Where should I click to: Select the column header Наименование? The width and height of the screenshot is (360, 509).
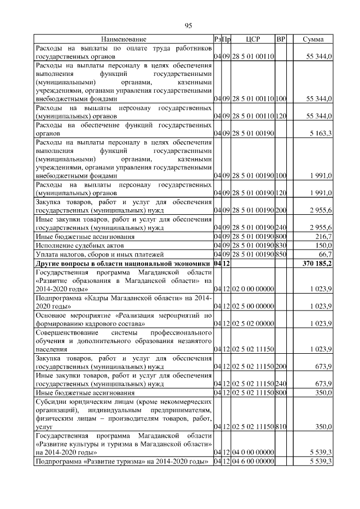click(x=124, y=39)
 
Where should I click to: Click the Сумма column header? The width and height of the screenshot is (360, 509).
click(x=313, y=39)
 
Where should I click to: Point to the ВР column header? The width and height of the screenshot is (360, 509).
click(x=281, y=39)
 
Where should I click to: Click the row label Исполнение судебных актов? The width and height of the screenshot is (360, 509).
click(x=76, y=246)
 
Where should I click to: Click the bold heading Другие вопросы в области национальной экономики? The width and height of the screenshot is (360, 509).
click(x=123, y=264)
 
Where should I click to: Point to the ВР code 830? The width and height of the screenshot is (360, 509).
click(x=281, y=246)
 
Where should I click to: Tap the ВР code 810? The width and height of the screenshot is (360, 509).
click(x=281, y=427)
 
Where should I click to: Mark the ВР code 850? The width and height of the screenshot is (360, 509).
click(x=281, y=255)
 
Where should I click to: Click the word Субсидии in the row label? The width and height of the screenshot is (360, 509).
click(x=51, y=402)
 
